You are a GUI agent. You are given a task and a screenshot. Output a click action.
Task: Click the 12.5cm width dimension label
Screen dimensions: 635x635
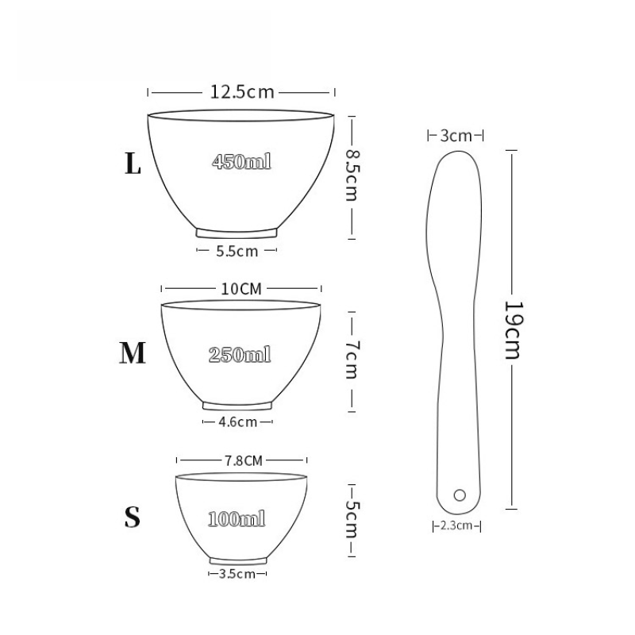[x=242, y=92]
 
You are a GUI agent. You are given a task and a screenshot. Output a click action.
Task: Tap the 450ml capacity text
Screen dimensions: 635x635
[x=241, y=162]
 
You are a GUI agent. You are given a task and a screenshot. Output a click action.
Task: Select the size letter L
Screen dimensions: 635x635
[x=133, y=164]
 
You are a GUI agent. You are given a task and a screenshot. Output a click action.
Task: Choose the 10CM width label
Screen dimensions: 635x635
[x=241, y=289]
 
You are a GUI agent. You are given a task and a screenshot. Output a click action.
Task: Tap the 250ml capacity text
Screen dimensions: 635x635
[x=240, y=355]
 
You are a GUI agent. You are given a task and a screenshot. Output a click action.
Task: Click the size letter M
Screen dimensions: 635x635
[x=133, y=353]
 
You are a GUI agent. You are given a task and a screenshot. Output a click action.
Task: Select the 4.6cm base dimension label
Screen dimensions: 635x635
[x=237, y=421]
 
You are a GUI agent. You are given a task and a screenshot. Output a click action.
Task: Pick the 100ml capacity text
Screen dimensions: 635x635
[x=237, y=520]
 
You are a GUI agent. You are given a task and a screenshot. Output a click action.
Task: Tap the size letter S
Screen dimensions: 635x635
[x=133, y=518]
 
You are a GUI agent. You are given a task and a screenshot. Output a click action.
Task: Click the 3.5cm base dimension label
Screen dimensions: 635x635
[x=237, y=573]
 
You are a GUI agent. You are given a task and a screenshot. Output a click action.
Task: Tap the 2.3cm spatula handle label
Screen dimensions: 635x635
[x=457, y=525]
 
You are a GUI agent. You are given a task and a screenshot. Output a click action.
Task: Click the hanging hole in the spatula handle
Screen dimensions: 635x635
[x=459, y=495]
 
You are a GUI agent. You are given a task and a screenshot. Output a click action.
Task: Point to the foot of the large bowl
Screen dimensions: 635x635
[x=237, y=233]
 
